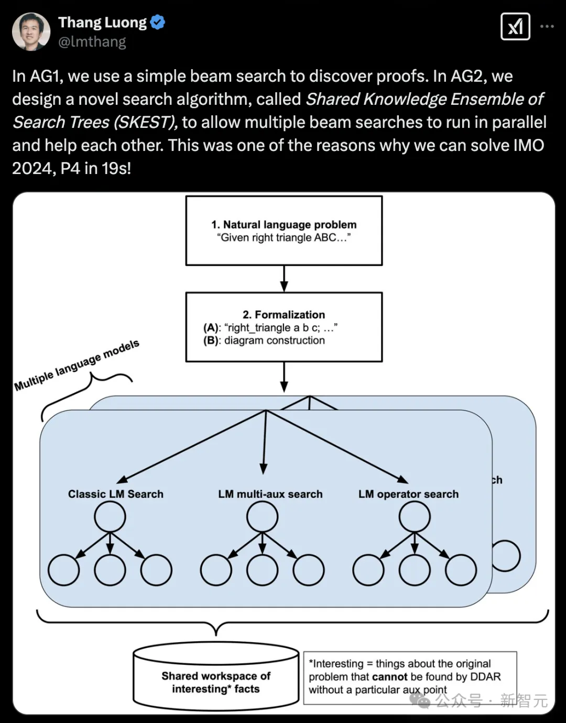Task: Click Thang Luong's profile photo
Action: [x=31, y=31]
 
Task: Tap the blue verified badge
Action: [x=158, y=22]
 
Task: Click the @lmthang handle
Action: [x=92, y=41]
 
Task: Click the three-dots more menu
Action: [x=547, y=26]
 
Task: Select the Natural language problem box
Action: [x=284, y=231]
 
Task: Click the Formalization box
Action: [x=284, y=327]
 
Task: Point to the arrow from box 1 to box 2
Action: [x=284, y=278]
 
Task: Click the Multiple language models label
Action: [x=77, y=365]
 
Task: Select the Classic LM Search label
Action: [x=116, y=494]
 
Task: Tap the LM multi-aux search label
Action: [x=270, y=494]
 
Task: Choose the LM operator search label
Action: [x=408, y=494]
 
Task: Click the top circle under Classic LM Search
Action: [x=110, y=517]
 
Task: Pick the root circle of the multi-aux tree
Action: [x=262, y=517]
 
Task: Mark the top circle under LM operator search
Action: [x=415, y=517]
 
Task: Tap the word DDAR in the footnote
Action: [x=485, y=677]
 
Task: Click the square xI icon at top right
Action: [x=515, y=26]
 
